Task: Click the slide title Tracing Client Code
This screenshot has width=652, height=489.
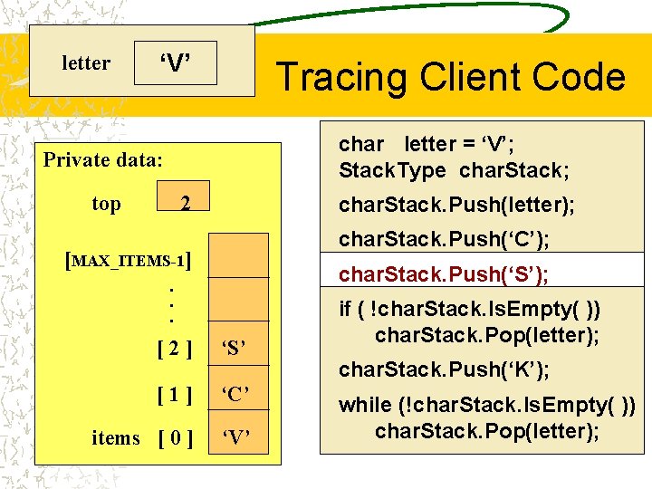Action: pyautogui.click(x=450, y=77)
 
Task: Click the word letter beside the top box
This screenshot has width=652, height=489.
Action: pyautogui.click(x=86, y=63)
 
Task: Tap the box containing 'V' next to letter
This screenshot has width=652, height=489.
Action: pyautogui.click(x=176, y=63)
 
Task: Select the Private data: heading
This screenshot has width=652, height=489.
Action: pyautogui.click(x=103, y=160)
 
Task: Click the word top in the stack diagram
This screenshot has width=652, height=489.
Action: pyautogui.click(x=106, y=204)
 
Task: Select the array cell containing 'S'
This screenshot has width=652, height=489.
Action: pyautogui.click(x=235, y=347)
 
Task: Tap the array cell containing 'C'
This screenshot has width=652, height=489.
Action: pyautogui.click(x=235, y=393)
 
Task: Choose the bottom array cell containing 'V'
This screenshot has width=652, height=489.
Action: pyautogui.click(x=235, y=439)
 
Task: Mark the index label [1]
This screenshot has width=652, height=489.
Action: pyautogui.click(x=174, y=393)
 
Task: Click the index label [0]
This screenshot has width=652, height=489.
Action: pyautogui.click(x=174, y=439)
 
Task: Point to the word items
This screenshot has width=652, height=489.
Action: pyautogui.click(x=116, y=438)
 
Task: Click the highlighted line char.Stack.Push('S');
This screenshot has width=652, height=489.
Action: pyautogui.click(x=444, y=274)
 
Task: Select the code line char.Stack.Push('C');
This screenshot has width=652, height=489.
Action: pyautogui.click(x=444, y=240)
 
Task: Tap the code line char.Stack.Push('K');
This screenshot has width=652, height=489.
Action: pyautogui.click(x=444, y=369)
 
